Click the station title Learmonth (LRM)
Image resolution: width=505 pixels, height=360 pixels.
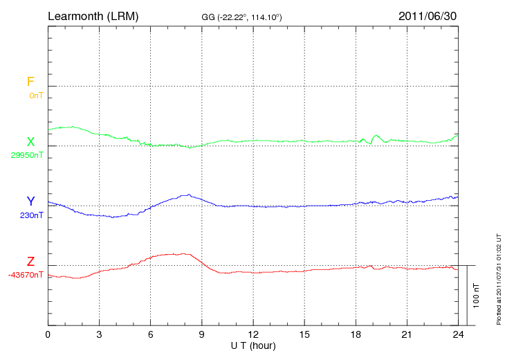[x=93, y=15]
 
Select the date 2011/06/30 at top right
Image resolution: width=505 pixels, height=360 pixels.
[x=428, y=15]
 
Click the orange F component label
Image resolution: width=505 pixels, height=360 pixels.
[x=30, y=82]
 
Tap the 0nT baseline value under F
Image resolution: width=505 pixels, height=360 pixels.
[x=36, y=95]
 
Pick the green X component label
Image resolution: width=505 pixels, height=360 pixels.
[x=30, y=142]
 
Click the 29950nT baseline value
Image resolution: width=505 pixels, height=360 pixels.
[x=27, y=155]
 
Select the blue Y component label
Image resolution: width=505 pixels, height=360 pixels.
[x=30, y=201]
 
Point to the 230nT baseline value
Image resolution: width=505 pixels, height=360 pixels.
[x=31, y=215]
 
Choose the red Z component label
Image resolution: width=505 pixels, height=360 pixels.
[x=30, y=262]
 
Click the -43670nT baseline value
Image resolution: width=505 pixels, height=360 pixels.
[x=26, y=275]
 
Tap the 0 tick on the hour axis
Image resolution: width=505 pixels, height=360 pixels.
[x=48, y=334]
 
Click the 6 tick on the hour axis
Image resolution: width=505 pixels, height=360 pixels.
[x=151, y=334]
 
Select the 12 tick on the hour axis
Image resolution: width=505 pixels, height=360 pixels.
[x=253, y=334]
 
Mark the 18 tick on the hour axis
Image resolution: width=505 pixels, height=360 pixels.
[x=356, y=334]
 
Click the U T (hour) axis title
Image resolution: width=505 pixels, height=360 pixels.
[x=253, y=345]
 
